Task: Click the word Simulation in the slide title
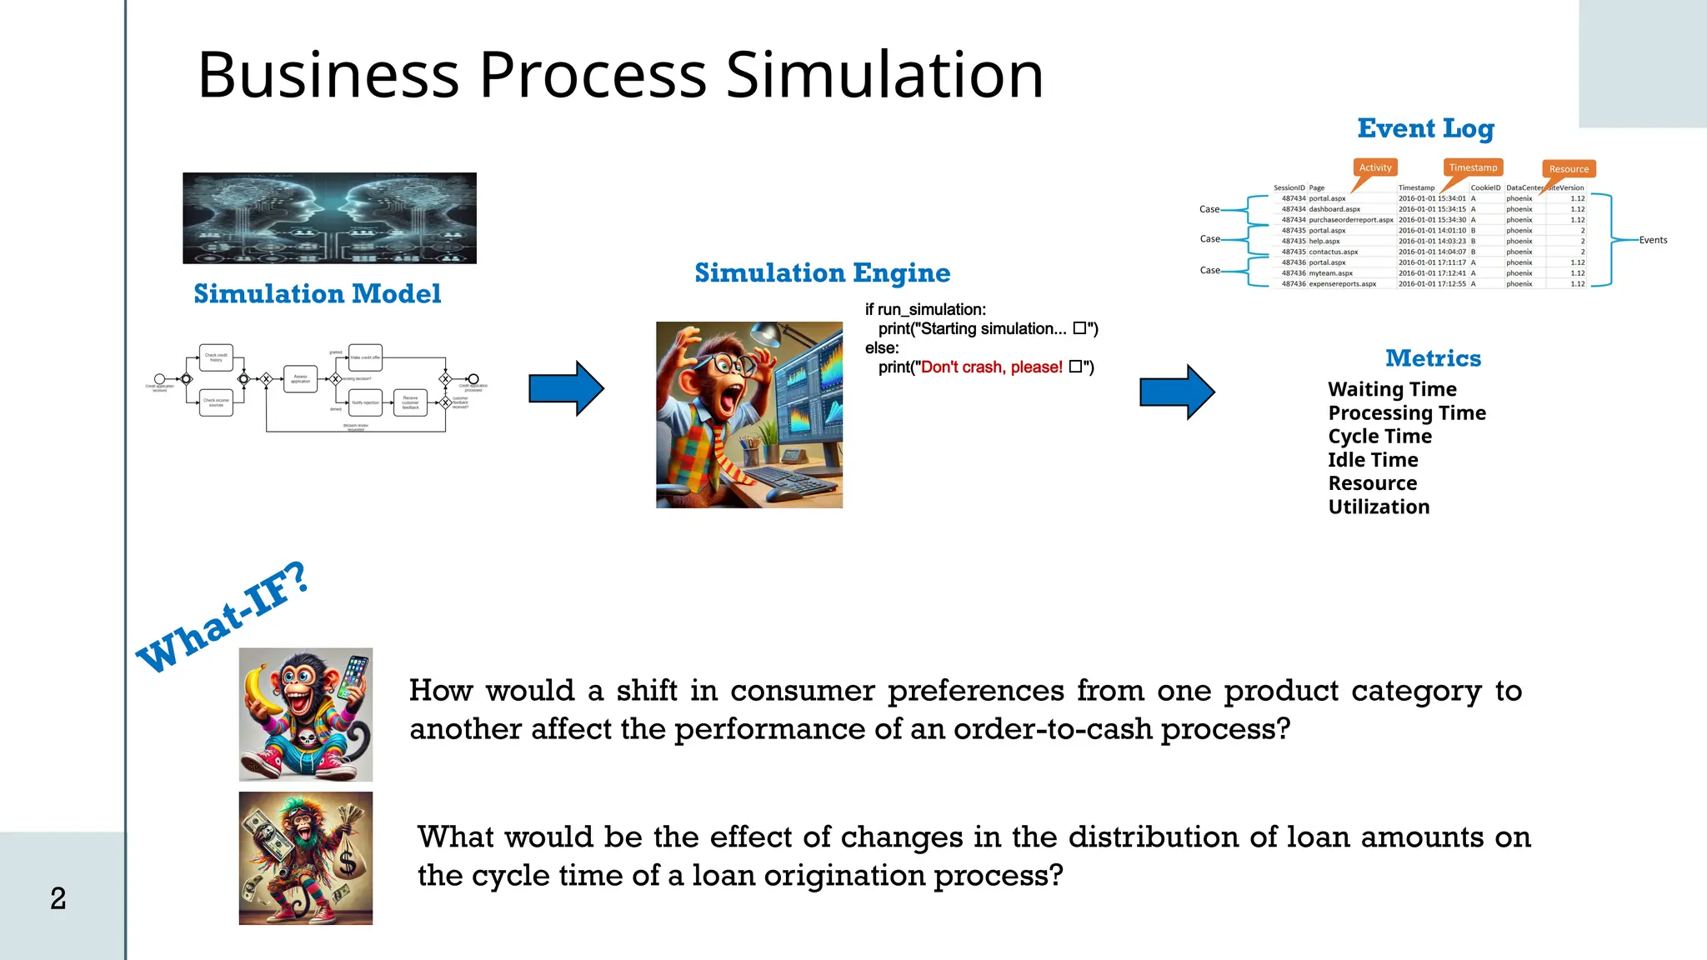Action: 884,75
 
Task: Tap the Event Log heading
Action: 1425,128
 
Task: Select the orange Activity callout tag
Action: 1375,167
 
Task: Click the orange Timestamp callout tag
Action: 1473,167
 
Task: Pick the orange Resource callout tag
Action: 1569,169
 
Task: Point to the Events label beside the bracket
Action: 1653,240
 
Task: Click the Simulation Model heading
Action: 317,293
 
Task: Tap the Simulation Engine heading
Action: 822,272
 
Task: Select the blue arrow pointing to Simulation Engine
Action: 566,388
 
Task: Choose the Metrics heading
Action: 1433,358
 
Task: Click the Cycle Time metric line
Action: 1379,437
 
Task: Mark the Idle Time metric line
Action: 1373,460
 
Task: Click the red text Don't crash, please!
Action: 991,367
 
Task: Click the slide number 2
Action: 58,898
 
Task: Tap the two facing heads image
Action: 329,218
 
